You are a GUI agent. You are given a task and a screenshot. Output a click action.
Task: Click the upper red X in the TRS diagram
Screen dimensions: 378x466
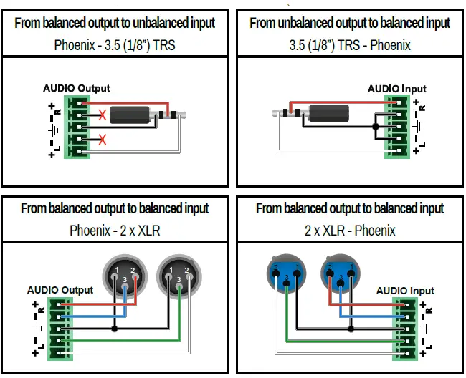(103, 114)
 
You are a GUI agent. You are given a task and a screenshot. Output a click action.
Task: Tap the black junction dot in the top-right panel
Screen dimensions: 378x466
(374, 130)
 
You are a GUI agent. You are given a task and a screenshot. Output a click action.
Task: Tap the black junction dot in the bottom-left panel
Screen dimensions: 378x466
(115, 329)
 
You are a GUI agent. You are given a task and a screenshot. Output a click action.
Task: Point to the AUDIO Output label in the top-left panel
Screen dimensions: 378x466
(77, 88)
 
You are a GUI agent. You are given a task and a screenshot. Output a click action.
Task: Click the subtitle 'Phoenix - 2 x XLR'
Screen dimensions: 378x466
(115, 231)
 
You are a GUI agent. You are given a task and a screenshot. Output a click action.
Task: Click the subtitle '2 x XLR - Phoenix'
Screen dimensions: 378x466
(350, 231)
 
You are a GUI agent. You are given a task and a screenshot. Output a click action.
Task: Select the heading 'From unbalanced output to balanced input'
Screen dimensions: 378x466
(350, 22)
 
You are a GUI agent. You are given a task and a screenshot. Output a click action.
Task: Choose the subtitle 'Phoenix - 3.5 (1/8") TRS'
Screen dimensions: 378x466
(115, 44)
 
